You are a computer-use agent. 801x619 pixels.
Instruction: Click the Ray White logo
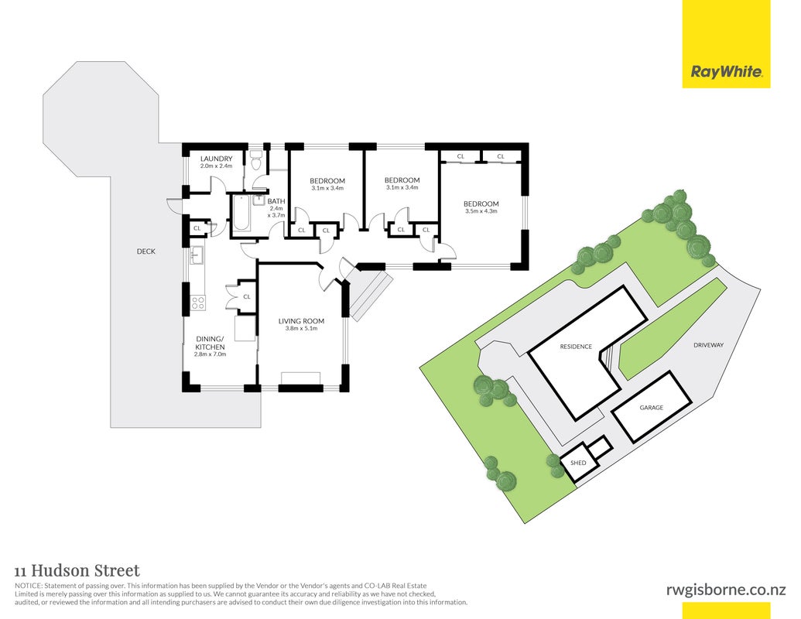(726, 44)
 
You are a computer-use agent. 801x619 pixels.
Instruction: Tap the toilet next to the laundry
(256, 160)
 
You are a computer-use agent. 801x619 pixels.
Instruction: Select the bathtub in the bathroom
(241, 213)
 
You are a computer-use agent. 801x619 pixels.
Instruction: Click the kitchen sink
(197, 255)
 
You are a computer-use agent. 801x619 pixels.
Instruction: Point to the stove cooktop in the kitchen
(197, 303)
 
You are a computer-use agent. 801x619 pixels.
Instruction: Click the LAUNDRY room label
(216, 159)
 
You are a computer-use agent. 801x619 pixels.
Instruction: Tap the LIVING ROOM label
(301, 321)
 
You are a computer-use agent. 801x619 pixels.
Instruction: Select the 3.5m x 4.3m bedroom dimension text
(481, 211)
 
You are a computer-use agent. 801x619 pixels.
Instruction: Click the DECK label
(146, 251)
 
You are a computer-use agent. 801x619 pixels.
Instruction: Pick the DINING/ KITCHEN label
(211, 343)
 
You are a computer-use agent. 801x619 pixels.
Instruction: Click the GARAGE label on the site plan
(652, 408)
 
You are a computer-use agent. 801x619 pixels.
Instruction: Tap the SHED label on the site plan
(578, 463)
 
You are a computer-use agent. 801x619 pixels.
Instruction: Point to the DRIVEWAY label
(709, 345)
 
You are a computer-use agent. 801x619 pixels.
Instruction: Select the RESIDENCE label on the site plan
(576, 347)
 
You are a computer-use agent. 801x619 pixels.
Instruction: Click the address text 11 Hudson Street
(77, 570)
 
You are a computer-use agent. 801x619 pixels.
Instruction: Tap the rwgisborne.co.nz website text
(726, 590)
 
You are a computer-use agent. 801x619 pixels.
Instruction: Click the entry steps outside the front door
(368, 294)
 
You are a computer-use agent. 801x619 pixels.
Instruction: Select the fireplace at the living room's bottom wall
(301, 378)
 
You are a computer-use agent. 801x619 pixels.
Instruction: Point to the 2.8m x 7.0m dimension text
(210, 354)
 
